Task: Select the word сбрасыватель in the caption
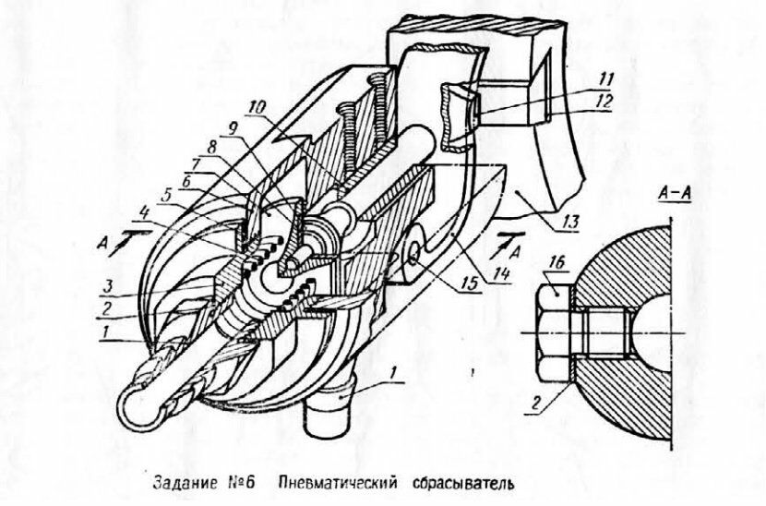[456, 483]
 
